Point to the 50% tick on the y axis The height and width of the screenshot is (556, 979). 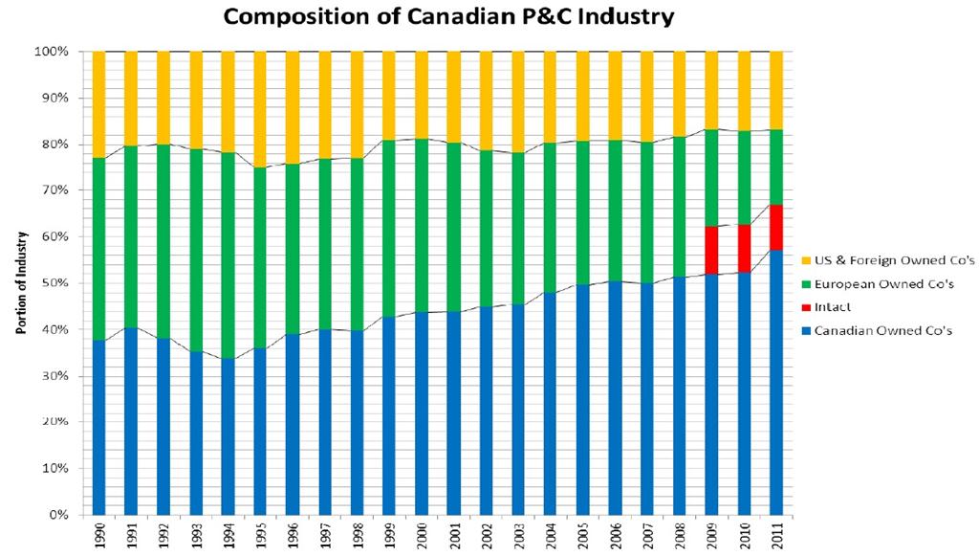(54, 283)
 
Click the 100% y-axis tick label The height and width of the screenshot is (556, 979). (52, 51)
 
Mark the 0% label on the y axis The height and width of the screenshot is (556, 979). (57, 515)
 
